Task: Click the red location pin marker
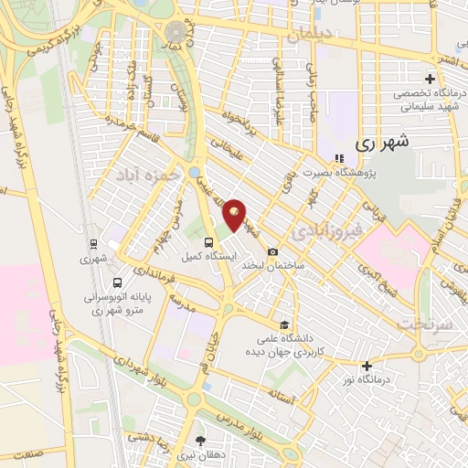(x=235, y=215)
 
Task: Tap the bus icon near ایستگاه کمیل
(x=209, y=242)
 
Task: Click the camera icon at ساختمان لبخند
(x=272, y=252)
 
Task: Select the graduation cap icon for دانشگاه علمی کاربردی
(x=285, y=324)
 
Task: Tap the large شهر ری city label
(x=379, y=144)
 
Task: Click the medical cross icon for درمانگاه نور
(x=367, y=367)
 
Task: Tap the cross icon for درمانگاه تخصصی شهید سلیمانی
(x=431, y=80)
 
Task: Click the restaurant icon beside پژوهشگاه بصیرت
(x=338, y=157)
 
